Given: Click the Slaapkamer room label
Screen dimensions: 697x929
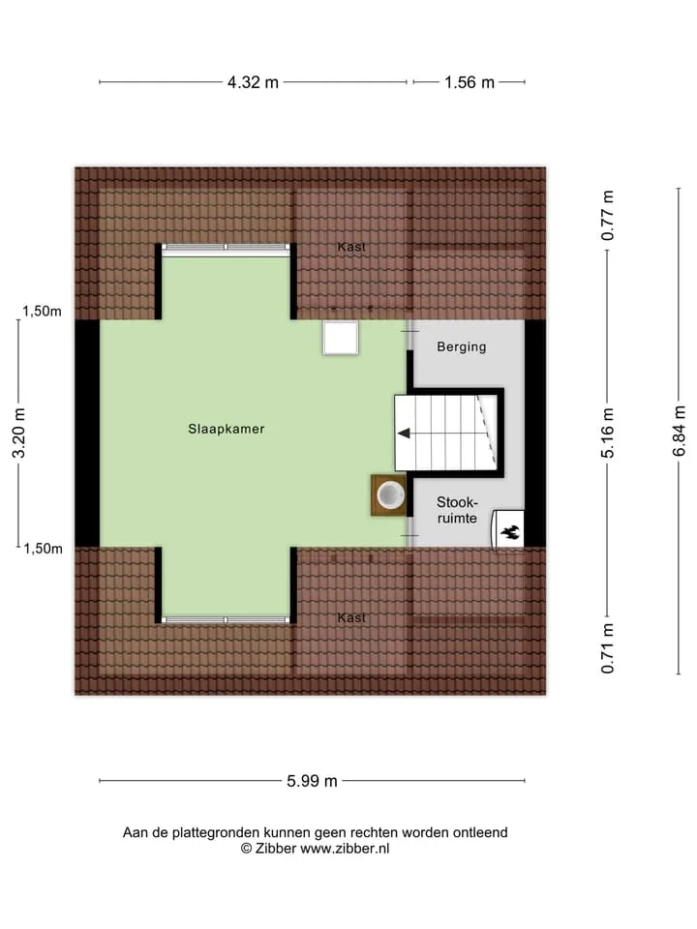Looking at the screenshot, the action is [x=227, y=429].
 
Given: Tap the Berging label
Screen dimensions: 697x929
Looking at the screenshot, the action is [x=462, y=347].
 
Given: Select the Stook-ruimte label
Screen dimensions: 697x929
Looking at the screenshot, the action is [x=457, y=510].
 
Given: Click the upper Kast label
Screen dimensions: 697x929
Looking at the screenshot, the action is [x=351, y=247].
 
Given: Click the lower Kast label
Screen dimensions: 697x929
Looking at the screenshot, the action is [x=351, y=618].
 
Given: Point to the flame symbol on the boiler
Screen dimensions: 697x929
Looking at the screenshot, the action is [x=510, y=532].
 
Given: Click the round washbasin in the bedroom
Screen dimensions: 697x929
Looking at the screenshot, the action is [x=390, y=494].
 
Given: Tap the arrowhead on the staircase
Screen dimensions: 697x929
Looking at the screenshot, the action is [x=405, y=434].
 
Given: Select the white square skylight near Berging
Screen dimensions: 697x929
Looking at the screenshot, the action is [x=340, y=339].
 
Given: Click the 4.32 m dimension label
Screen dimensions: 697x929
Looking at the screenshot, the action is [x=253, y=82].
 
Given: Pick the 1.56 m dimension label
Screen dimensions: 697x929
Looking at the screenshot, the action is [x=470, y=82].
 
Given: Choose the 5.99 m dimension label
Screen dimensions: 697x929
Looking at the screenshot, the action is [x=313, y=781].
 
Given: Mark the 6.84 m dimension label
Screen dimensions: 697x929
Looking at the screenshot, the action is [x=680, y=431].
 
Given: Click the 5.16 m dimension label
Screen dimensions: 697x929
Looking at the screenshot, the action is [x=608, y=434].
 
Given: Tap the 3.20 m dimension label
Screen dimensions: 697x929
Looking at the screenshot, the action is [x=19, y=434].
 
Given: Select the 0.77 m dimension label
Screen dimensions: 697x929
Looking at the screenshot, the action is [x=608, y=216].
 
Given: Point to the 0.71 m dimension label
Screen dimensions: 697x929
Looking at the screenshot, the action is [x=608, y=648].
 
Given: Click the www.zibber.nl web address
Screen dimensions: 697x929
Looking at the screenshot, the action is [x=345, y=849].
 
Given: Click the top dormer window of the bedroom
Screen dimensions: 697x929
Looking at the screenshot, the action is [x=226, y=247].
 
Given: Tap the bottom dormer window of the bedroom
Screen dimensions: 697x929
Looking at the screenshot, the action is [x=226, y=620].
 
